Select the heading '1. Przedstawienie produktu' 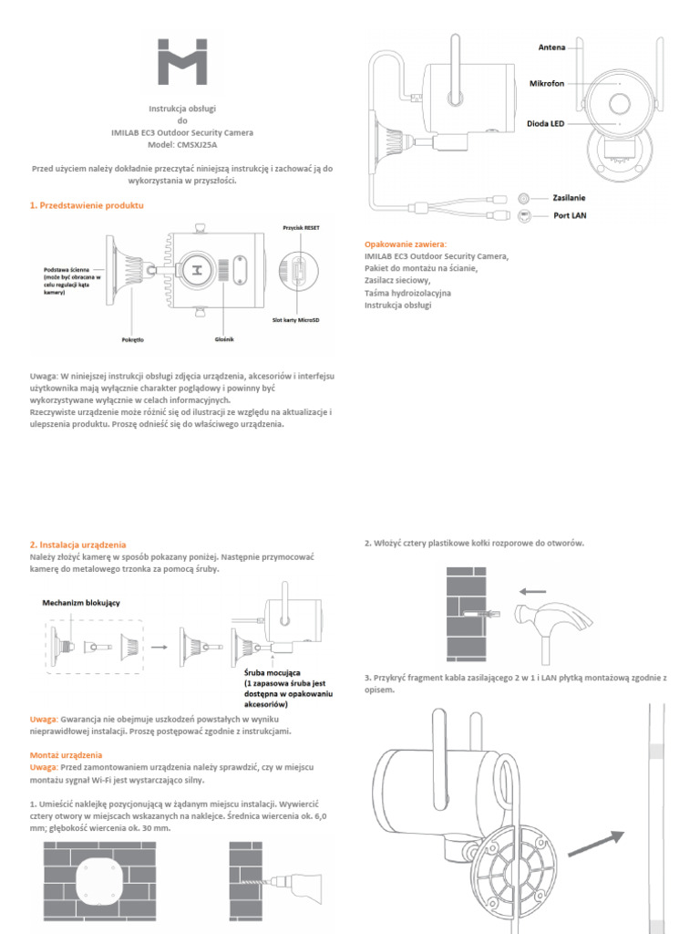(x=87, y=206)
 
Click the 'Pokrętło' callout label (x=132, y=338)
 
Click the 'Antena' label (x=553, y=46)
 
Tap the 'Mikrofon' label (x=547, y=83)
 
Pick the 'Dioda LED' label (x=545, y=123)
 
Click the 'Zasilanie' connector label (x=569, y=197)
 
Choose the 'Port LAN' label (x=569, y=216)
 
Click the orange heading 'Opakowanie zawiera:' (x=406, y=244)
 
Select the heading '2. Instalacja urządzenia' (x=77, y=544)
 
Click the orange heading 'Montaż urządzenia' (x=66, y=755)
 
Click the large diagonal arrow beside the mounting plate (x=596, y=844)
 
